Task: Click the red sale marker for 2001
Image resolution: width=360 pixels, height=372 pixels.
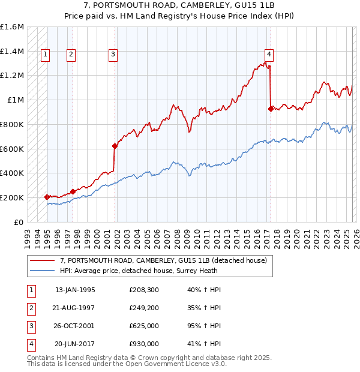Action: coord(114,145)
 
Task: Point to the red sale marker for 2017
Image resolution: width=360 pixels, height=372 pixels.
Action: coord(271,109)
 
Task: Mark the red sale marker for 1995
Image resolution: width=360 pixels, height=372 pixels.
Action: coord(47,197)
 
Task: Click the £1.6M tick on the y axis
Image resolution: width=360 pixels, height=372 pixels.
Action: coord(12,27)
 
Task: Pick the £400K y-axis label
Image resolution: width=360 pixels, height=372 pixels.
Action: coord(12,173)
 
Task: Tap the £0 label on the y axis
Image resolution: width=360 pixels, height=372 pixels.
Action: coord(18,222)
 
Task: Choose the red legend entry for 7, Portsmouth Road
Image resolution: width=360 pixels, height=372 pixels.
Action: coord(167,260)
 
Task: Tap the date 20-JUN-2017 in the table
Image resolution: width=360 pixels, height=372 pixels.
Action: coord(75,344)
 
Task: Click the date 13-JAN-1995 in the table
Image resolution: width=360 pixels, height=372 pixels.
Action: coord(75,290)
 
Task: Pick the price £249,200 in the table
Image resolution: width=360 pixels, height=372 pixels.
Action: coord(143,308)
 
